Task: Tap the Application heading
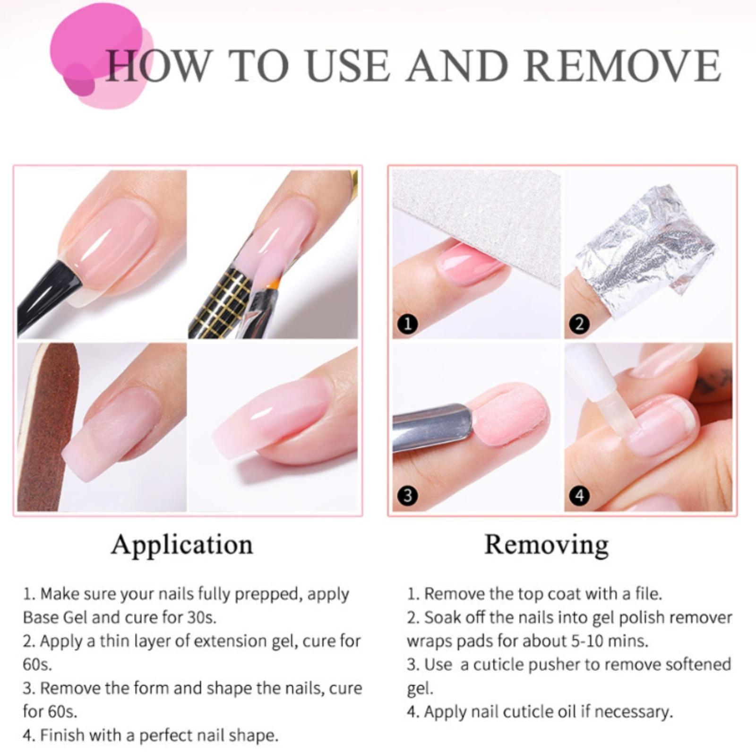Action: [x=182, y=545]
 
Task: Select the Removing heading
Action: [x=547, y=545]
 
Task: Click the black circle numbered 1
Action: [x=408, y=324]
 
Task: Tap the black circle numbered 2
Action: [x=580, y=324]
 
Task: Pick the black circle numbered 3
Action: [x=408, y=496]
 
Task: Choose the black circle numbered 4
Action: [x=580, y=496]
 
